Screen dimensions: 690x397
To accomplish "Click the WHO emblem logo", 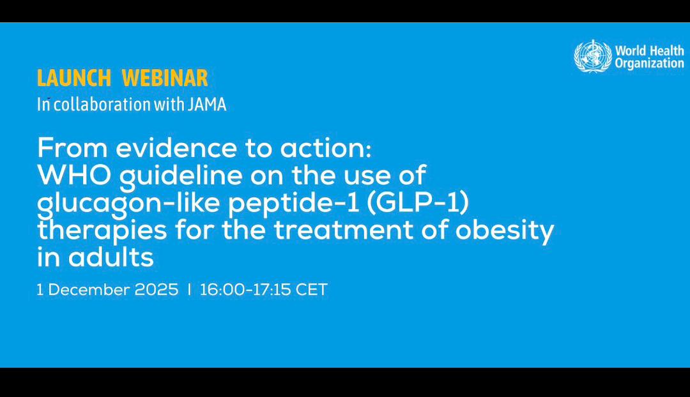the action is pos(593,56).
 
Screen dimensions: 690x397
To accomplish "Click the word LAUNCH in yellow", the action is pos(74,79).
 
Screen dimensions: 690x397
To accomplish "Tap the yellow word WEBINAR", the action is pos(165,79).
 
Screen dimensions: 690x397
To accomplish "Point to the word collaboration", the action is pos(102,105).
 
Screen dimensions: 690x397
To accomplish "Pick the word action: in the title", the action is pos(326,148).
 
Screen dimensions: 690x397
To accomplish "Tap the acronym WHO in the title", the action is pos(74,175).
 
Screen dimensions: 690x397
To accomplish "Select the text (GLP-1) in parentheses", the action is pos(417,203).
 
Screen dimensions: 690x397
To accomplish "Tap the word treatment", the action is pos(344,230).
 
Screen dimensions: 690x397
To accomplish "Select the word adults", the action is pos(111,257).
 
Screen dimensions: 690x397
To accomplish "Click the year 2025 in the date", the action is pos(157,290).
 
